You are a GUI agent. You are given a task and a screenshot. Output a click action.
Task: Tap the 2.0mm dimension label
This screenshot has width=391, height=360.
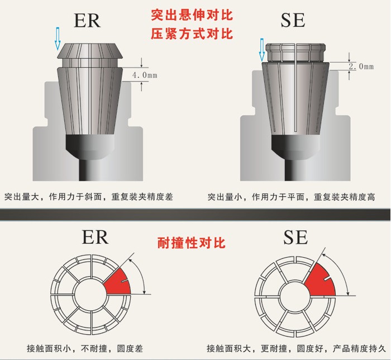pyautogui.click(x=360, y=67)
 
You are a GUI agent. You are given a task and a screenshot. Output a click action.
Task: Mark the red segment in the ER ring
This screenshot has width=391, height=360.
pyautogui.click(x=117, y=282)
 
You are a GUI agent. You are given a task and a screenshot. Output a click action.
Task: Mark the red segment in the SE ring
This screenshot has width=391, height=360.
pyautogui.click(x=321, y=280)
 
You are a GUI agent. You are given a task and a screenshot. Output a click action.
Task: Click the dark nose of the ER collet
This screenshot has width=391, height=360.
pyautogui.click(x=90, y=147)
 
